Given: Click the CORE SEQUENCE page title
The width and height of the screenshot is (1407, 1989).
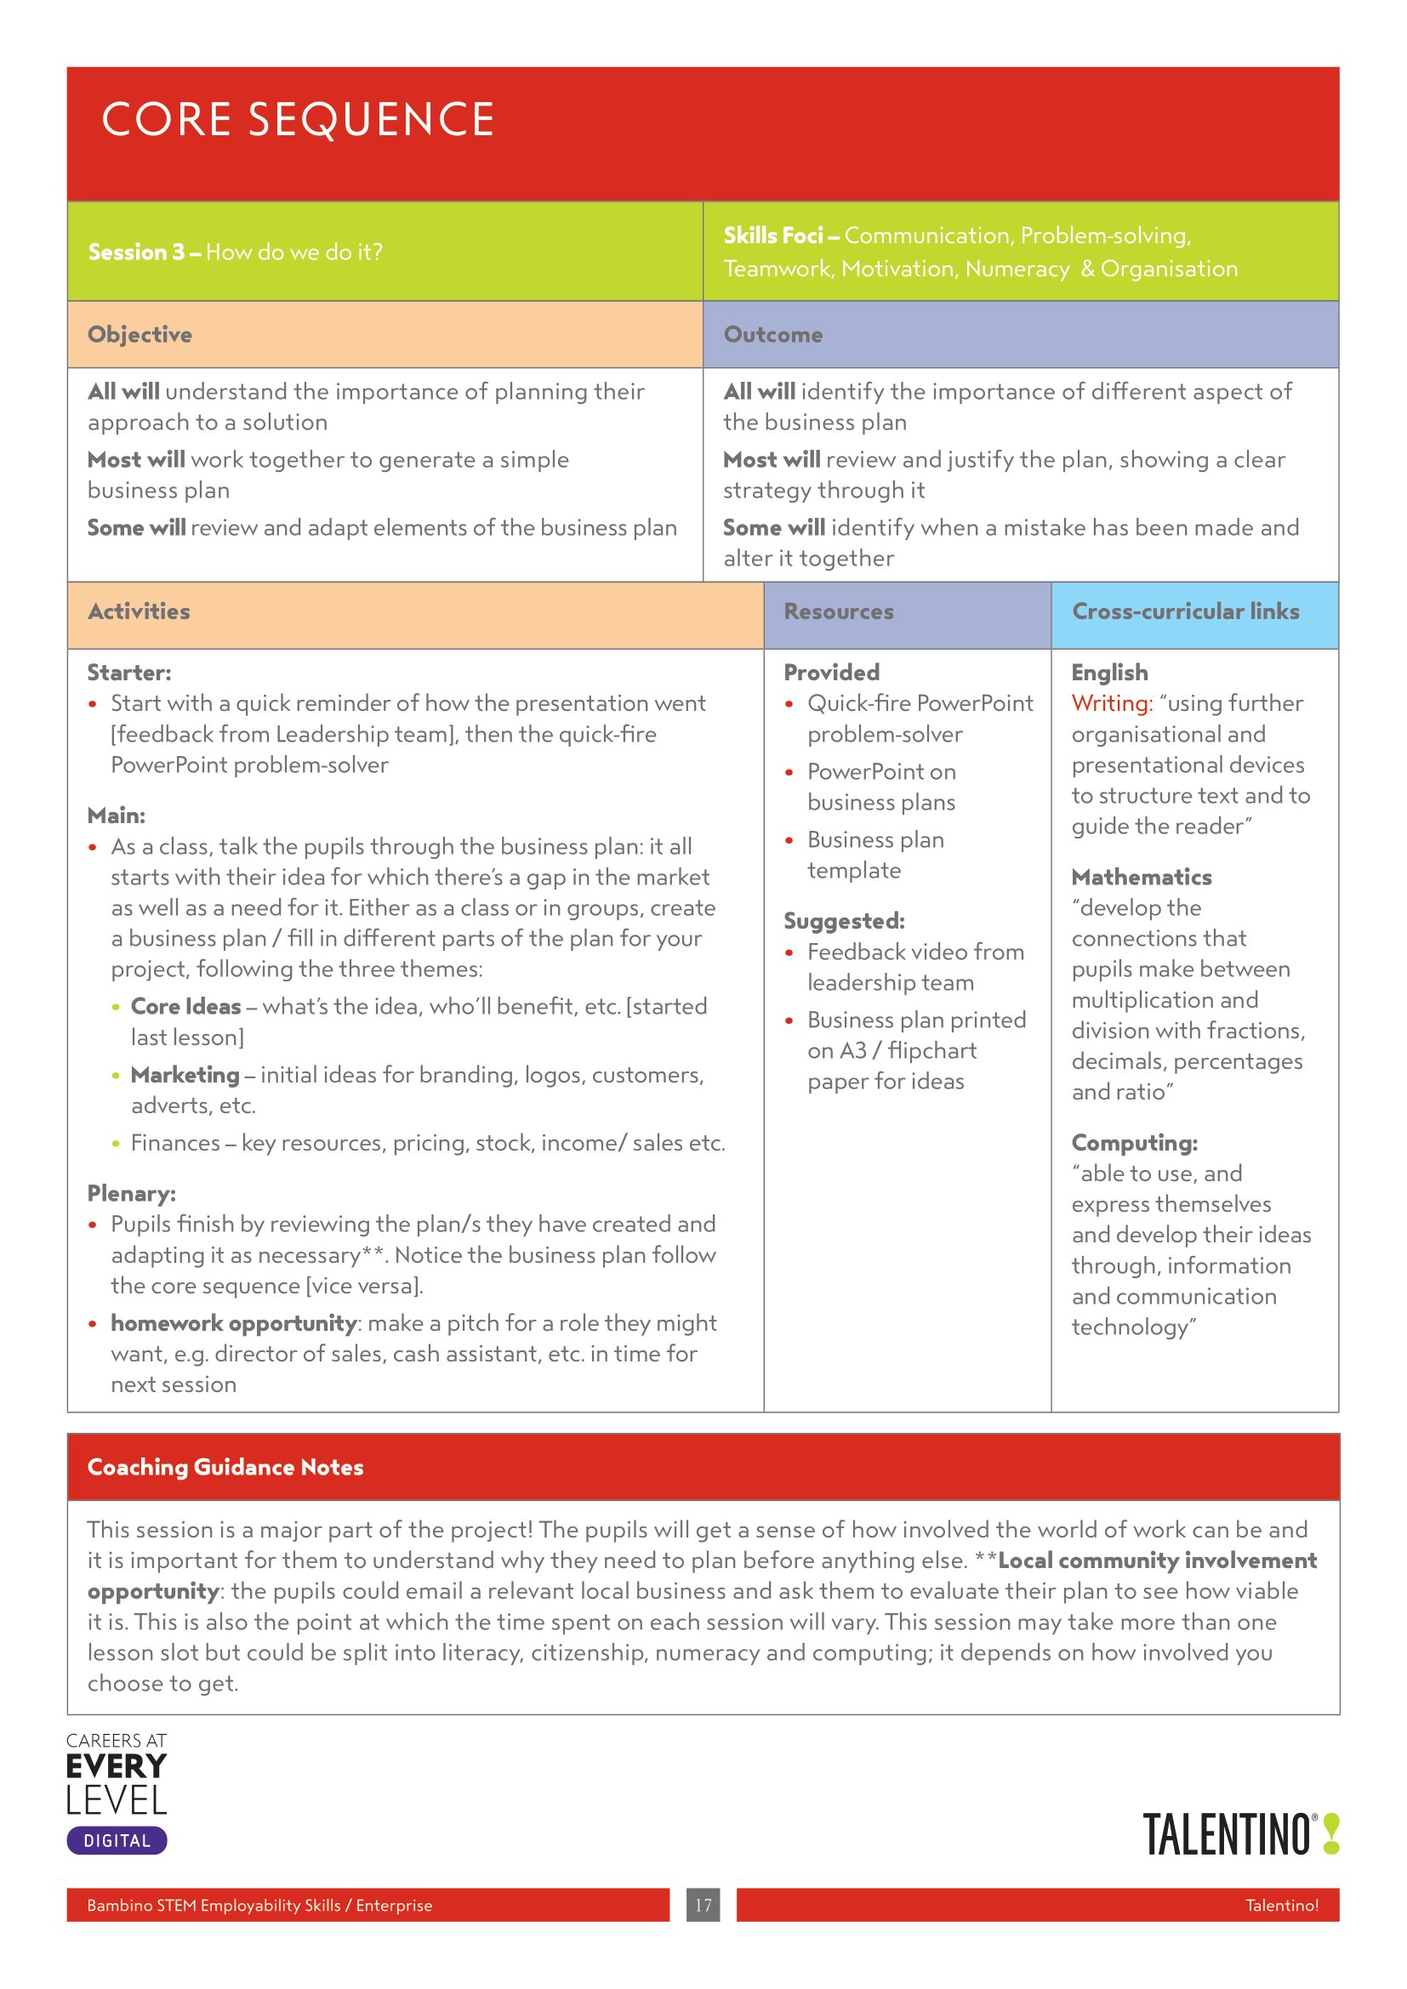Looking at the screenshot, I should [297, 120].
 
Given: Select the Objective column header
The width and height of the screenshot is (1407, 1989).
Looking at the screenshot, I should [140, 334].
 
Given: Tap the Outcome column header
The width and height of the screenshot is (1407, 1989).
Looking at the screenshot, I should [772, 334].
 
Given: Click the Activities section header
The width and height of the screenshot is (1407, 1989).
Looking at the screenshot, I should [139, 611].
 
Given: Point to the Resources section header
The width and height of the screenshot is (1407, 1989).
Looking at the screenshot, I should [838, 611].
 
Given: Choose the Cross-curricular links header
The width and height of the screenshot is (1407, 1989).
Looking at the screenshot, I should [1185, 611].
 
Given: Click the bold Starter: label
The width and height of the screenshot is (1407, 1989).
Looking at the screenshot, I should [129, 673].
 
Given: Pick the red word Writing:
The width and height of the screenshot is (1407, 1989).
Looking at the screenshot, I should [1112, 703].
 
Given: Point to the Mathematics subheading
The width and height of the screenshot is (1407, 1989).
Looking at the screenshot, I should [1141, 877].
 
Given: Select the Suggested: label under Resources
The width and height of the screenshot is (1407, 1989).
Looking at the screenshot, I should [844, 921].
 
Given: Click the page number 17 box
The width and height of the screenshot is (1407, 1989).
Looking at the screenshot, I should [703, 1905].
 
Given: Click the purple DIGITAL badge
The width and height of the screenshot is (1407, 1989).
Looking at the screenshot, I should [117, 1841].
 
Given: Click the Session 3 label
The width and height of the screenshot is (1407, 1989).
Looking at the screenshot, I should [136, 252].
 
